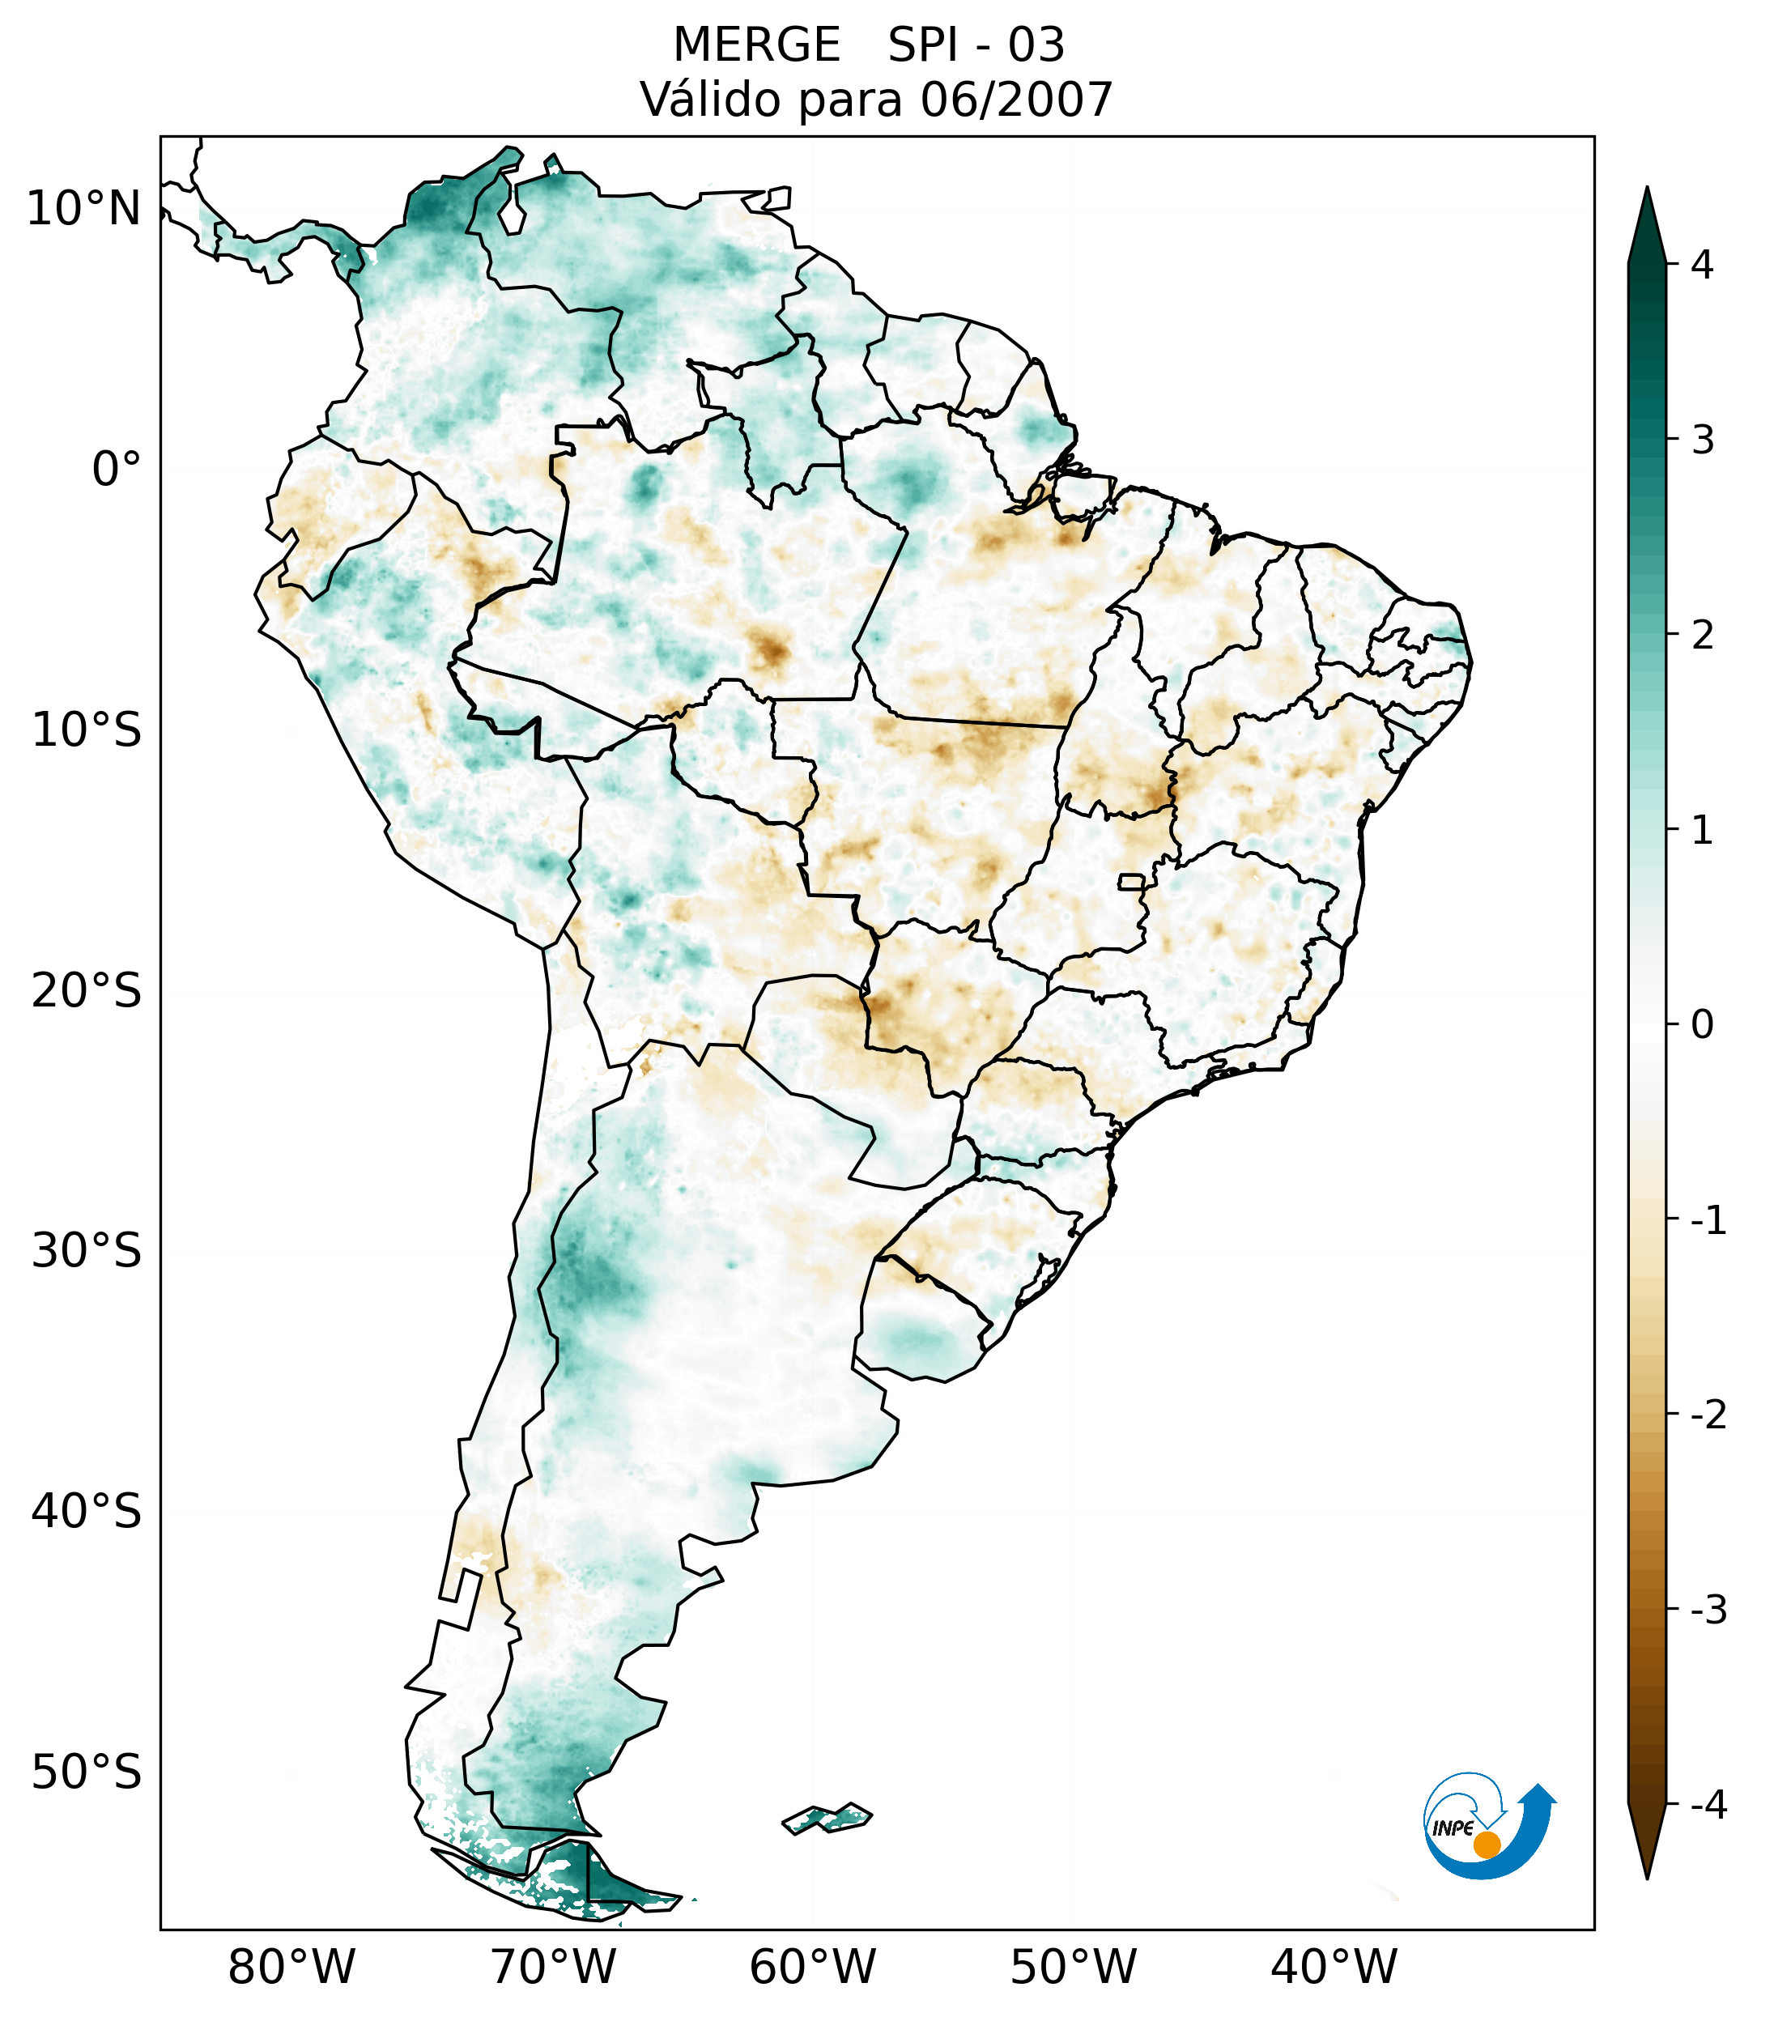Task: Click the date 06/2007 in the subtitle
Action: point(1016,100)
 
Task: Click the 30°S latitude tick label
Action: point(87,1250)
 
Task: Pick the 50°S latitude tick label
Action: point(87,1772)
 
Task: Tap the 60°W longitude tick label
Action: point(812,1967)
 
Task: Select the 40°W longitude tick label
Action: point(1334,1967)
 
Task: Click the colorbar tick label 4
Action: point(1702,265)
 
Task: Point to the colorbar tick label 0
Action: point(1702,1025)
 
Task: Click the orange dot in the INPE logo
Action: point(1486,1845)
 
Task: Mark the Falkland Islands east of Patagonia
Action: point(827,1818)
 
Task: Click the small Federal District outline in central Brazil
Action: point(1132,881)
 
